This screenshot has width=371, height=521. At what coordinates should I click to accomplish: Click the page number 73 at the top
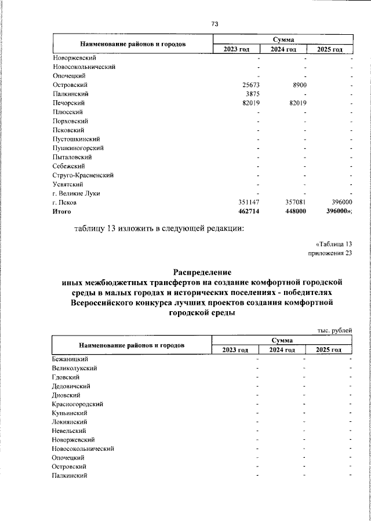tap(214, 24)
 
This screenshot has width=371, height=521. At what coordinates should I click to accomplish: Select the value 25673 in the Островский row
tap(253, 85)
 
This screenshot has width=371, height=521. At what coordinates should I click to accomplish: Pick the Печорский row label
tap(69, 103)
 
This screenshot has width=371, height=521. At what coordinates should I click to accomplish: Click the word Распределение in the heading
tap(203, 272)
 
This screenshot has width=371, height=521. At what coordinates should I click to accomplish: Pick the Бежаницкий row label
tap(70, 359)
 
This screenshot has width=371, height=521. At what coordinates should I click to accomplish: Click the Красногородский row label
tap(77, 404)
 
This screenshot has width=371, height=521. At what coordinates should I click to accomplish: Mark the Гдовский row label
tap(66, 377)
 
